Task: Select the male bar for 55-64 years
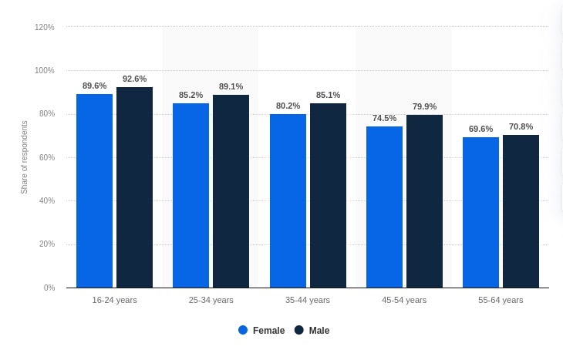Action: (521, 211)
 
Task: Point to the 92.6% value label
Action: (134, 79)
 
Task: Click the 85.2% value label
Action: (190, 95)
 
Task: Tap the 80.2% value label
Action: (288, 106)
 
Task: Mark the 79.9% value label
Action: (424, 106)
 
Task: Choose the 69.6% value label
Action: (480, 129)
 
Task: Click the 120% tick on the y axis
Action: (45, 27)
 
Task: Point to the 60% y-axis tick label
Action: (46, 157)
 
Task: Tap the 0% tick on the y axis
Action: (49, 288)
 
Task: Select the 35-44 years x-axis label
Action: (307, 300)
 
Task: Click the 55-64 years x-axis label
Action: (501, 300)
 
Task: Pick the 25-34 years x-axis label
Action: (211, 300)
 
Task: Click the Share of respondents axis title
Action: (24, 157)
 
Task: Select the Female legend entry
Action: (261, 330)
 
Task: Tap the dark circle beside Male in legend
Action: (299, 330)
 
